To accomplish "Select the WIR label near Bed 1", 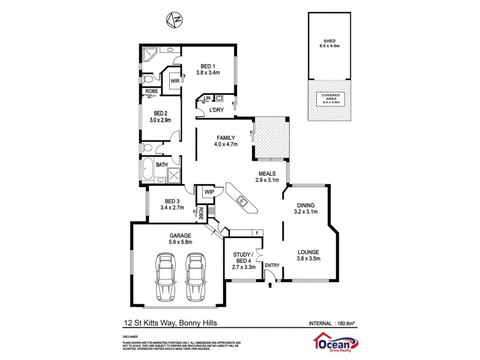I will point(175,80).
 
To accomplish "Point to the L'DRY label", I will point(217,109).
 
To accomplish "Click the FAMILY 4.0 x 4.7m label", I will point(226,141).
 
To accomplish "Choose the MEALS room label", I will point(267,176).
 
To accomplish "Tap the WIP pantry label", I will point(209,192).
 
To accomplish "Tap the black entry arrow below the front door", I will point(270,285).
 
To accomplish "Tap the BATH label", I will point(162,164).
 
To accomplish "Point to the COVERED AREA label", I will point(331,99).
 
